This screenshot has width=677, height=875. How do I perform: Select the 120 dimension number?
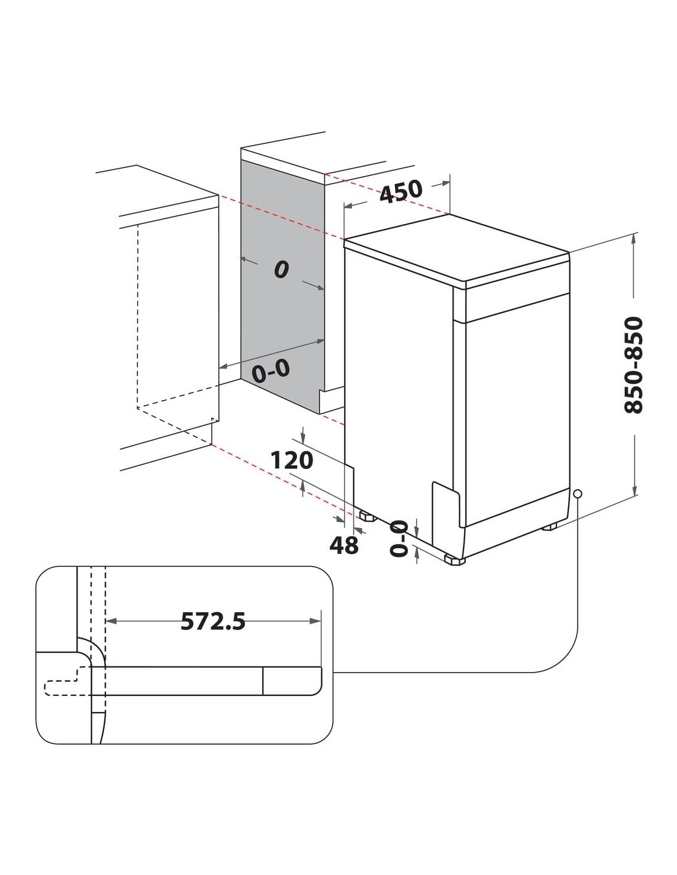292,460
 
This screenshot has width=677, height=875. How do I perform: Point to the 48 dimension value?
343,545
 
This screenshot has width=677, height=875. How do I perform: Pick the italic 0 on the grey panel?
281,270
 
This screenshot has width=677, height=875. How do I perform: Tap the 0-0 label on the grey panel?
271,370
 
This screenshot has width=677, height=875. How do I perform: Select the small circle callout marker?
577,494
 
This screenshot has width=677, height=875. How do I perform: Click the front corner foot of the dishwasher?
455,560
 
